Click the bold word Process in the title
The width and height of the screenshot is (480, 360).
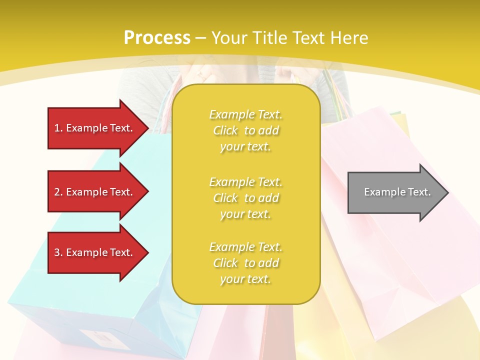157,38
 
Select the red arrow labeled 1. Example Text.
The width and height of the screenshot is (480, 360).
95,128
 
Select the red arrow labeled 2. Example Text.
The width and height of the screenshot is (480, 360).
95,192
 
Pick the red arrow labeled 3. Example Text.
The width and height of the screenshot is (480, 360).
95,252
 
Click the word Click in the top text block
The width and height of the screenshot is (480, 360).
225,130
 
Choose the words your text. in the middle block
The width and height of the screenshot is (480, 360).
245,214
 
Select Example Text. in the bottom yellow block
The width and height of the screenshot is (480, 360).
245,247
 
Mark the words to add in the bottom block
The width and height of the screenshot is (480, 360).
261,263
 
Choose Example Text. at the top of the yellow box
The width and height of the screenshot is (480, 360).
245,114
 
